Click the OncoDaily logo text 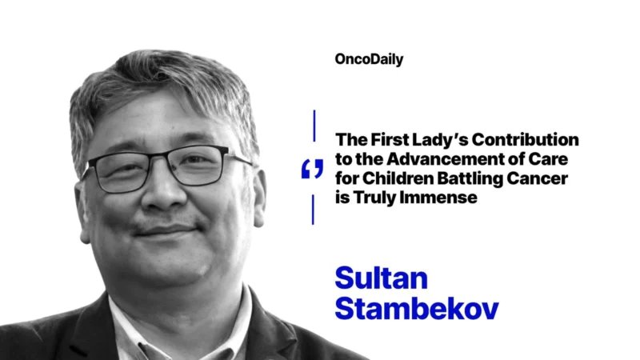(370, 58)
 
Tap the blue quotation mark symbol (313, 169)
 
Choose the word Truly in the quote (374, 197)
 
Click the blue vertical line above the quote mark (314, 129)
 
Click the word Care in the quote (561, 158)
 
